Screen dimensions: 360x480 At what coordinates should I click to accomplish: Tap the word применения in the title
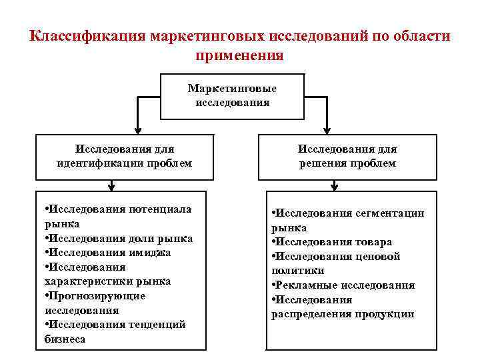pyautogui.click(x=239, y=55)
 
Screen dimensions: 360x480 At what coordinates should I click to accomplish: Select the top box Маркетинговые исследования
pyautogui.click(x=232, y=95)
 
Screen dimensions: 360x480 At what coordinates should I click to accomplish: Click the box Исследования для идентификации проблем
pyautogui.click(x=125, y=156)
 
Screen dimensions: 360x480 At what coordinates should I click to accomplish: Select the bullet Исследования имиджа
pyautogui.click(x=107, y=253)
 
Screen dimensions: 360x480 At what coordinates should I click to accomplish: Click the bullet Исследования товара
pyautogui.click(x=332, y=242)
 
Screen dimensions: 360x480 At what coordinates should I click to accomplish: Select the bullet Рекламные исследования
pyautogui.click(x=343, y=285)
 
